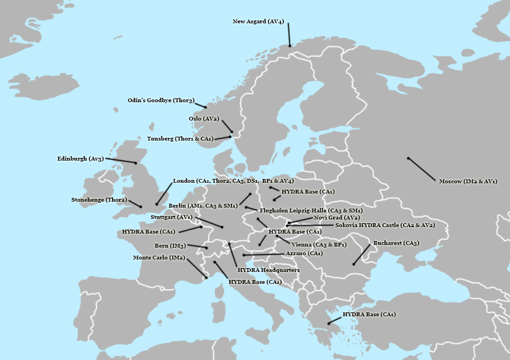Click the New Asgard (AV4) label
[x=258, y=22]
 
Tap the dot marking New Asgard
[x=290, y=46]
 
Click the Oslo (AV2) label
[x=203, y=118]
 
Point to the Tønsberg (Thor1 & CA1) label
[x=180, y=138]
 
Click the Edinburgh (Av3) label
[x=80, y=159]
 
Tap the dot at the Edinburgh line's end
[x=136, y=163]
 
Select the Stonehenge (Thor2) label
[x=99, y=199]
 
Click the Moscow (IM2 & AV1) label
[x=468, y=181]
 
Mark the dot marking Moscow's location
[x=408, y=158]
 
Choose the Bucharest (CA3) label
[x=396, y=243]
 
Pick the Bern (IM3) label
[x=170, y=246]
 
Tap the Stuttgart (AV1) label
[x=171, y=217]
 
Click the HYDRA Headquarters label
[x=268, y=270]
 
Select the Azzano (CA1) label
[x=304, y=253]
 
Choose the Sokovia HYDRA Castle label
[x=385, y=225]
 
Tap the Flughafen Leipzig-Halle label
[x=311, y=210]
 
